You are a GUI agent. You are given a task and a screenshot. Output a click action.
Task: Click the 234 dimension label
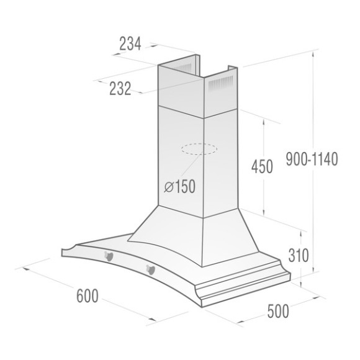pos(130,43)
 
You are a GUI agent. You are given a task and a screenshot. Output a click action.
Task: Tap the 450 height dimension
pos(261,168)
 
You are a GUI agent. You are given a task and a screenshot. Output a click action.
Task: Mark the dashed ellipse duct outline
pos(200,150)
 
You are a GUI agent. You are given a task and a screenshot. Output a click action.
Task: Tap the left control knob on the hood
pos(108,255)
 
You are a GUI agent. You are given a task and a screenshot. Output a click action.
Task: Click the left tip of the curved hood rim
pos(63,251)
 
